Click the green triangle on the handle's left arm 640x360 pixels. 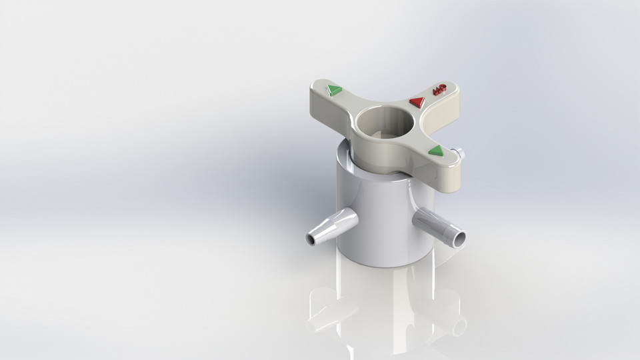click(x=334, y=90)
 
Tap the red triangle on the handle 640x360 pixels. click(x=417, y=102)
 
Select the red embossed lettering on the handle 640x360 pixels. click(x=439, y=89)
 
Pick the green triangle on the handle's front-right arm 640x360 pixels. click(x=436, y=151)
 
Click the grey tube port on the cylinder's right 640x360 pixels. click(x=437, y=226)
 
